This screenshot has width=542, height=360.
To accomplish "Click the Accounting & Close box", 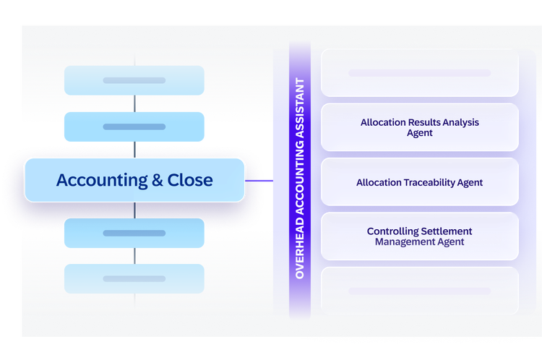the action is pos(134,180).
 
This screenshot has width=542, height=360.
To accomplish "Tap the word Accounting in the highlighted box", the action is pos(102,181).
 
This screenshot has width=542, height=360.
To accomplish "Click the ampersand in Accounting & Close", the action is pos(158,180).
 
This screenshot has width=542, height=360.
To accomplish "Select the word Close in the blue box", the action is pos(190,180).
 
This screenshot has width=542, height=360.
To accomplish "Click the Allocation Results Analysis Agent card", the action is pos(420,127).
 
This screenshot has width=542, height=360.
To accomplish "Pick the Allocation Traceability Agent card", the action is pos(420,182).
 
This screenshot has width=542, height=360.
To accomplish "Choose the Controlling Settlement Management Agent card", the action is pos(420,236).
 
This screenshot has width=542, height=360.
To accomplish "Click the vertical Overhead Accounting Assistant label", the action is pos(300,179).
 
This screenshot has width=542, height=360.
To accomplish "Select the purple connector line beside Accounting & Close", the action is pos(259,181).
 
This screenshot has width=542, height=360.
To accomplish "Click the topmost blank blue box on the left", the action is pos(134,80).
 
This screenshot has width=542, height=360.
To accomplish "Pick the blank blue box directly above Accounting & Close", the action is pos(134,127).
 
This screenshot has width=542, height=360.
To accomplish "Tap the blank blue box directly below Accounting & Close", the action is pos(134,233).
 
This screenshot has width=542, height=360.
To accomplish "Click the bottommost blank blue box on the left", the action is pos(134,279).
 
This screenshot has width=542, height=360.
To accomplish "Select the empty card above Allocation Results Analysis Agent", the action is pos(420,72).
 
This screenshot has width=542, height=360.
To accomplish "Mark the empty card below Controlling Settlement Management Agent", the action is pos(420,291).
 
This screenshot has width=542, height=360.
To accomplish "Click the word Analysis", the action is pos(461,123).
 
